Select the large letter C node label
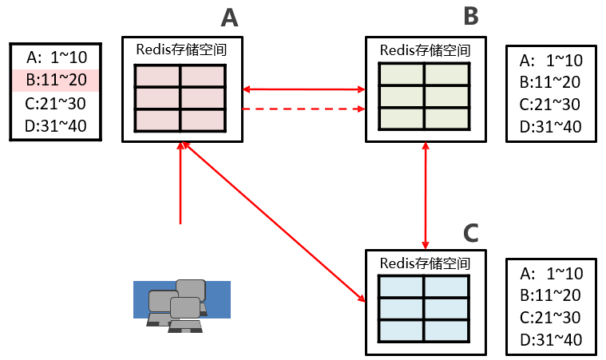click(x=471, y=232)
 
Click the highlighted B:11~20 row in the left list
click(x=56, y=80)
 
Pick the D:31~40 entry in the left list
click(x=56, y=126)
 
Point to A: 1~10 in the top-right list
click(x=552, y=60)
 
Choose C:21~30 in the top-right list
click(x=552, y=104)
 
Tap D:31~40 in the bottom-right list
click(x=552, y=340)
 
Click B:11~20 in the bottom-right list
click(x=552, y=295)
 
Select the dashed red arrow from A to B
click(x=303, y=109)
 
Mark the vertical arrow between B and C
click(x=426, y=196)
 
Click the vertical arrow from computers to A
click(x=181, y=184)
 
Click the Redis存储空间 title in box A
click(x=182, y=49)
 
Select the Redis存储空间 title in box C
click(x=425, y=263)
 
